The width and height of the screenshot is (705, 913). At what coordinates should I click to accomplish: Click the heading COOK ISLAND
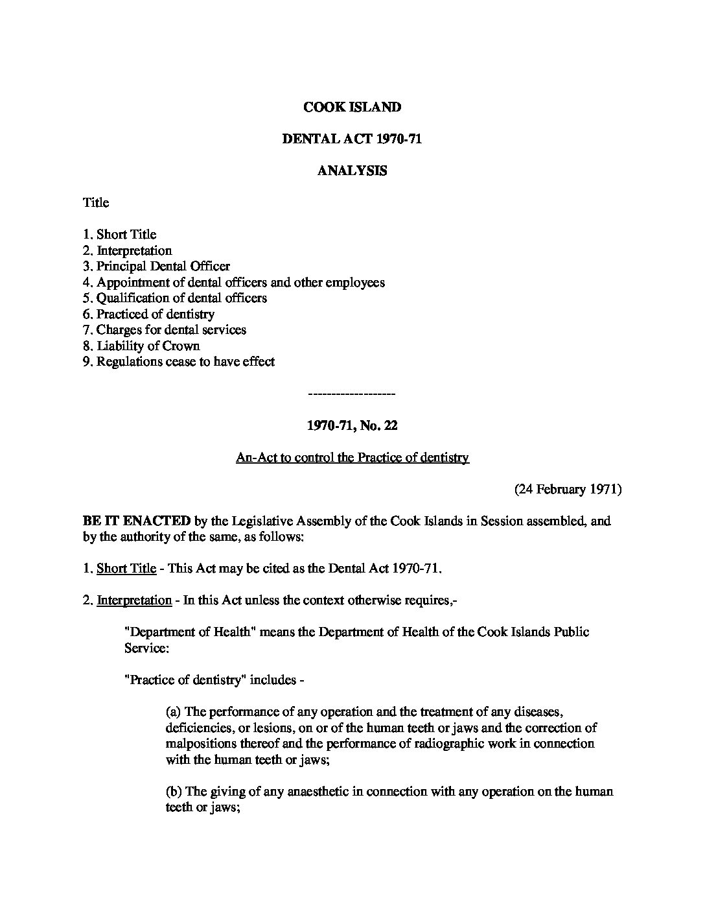(x=352, y=107)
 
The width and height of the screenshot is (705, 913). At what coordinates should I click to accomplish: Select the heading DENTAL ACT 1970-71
(x=352, y=139)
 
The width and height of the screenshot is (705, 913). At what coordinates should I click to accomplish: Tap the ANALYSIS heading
(x=352, y=171)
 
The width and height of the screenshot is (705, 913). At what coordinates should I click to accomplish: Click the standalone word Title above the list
(x=95, y=203)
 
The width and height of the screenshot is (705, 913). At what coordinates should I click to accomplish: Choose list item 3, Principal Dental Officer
(x=156, y=267)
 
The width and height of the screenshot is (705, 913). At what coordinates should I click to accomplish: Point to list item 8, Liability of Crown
(x=141, y=346)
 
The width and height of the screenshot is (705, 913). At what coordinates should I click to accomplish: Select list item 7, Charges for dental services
(x=165, y=330)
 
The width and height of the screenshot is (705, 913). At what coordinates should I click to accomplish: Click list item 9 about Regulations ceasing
(x=178, y=362)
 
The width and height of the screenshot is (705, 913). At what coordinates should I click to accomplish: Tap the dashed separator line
(x=352, y=394)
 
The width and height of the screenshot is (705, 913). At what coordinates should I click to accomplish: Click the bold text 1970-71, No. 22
(x=352, y=426)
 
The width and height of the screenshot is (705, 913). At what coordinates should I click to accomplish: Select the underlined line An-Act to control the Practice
(x=352, y=458)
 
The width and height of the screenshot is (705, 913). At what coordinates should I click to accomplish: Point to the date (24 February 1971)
(x=568, y=490)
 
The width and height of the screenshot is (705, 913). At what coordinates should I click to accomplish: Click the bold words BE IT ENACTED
(x=136, y=521)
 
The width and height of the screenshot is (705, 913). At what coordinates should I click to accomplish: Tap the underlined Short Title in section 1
(x=126, y=569)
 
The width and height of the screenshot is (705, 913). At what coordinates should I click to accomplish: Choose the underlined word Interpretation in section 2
(x=134, y=600)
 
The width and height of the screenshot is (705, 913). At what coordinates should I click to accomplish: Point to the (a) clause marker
(x=174, y=712)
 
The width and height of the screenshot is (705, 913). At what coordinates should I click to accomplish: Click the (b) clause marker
(x=174, y=792)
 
